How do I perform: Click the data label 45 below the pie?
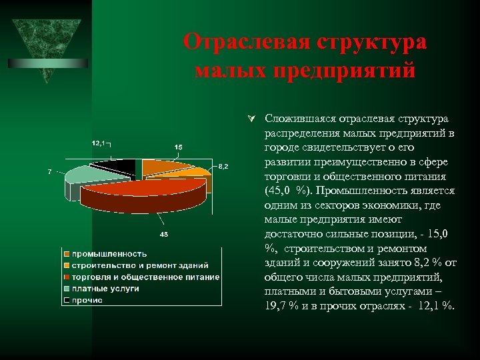(x=163, y=234)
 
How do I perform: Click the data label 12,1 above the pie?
(x=98, y=143)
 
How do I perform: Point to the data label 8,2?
(x=223, y=166)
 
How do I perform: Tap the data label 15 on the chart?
(x=179, y=147)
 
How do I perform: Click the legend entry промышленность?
(x=109, y=254)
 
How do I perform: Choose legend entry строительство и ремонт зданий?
(x=140, y=265)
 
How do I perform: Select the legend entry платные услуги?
(x=105, y=288)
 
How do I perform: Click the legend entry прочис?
(x=87, y=300)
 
